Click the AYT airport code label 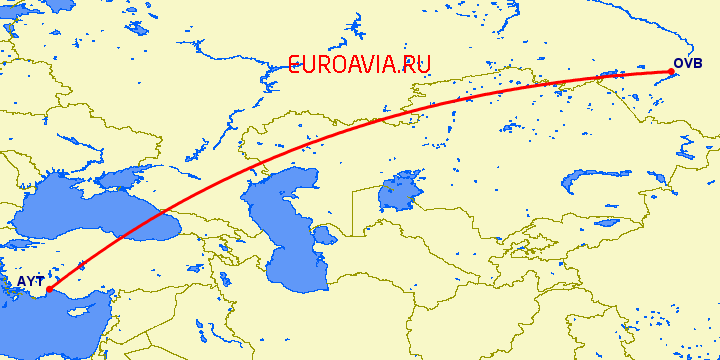pos(31,282)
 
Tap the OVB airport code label pos(688,63)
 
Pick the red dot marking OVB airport pos(672,71)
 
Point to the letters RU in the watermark pos(417,65)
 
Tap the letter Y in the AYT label pos(31,282)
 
